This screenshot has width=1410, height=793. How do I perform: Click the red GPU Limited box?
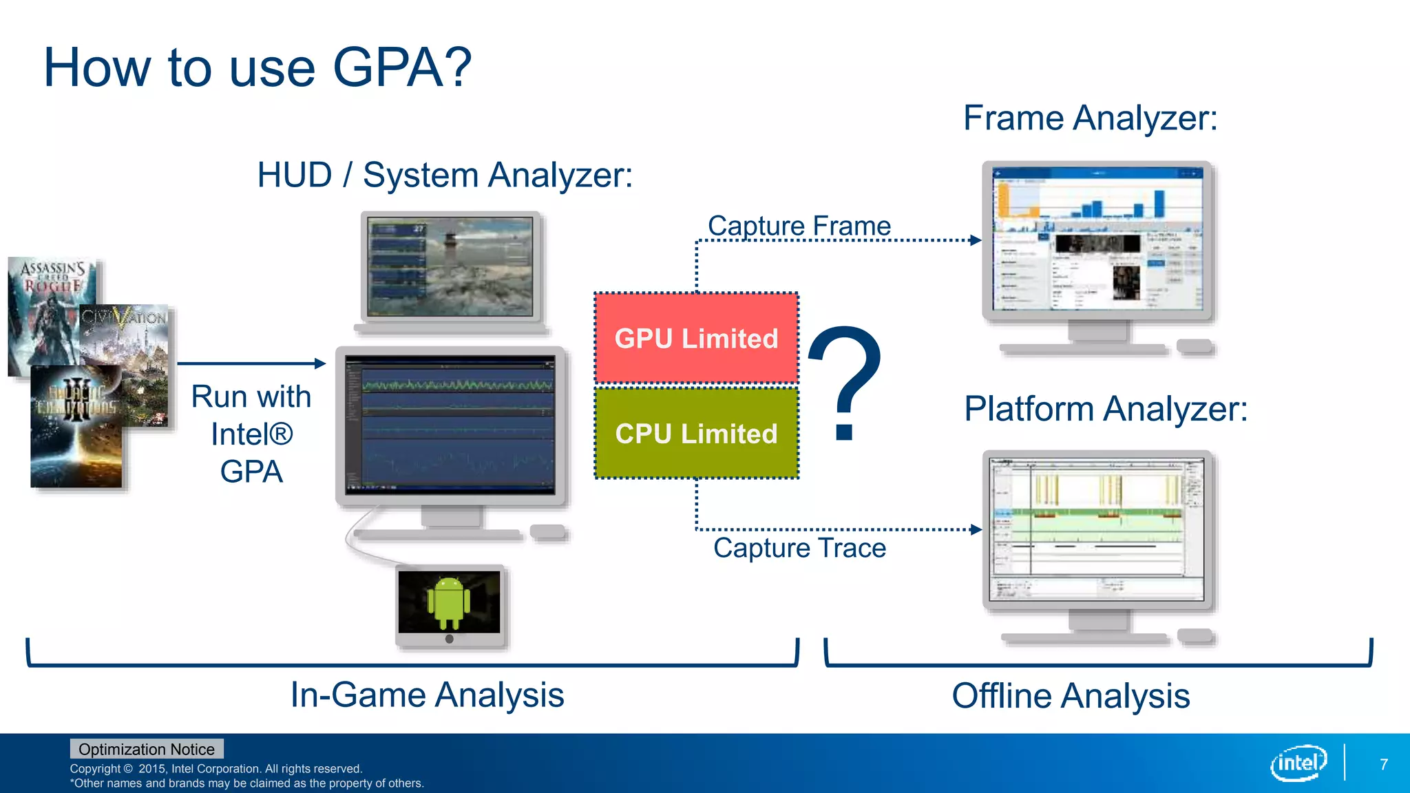coord(696,338)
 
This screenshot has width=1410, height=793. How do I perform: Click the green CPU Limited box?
coord(696,433)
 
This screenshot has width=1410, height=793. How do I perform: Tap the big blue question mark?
coord(845,382)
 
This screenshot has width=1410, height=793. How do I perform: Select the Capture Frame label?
coord(799,226)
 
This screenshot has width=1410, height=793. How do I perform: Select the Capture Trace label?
coord(799,548)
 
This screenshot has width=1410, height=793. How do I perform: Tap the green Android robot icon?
coord(449,602)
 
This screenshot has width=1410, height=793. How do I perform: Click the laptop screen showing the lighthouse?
coord(450,267)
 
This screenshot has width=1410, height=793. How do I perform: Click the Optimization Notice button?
coord(146,749)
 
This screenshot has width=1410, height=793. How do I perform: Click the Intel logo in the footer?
coord(1298,763)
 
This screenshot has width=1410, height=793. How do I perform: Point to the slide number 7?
coord(1384,764)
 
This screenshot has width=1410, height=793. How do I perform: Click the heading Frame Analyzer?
coord(1090,118)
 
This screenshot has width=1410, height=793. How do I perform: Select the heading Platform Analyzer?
coord(1105,409)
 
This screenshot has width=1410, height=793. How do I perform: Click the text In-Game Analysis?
coord(427,695)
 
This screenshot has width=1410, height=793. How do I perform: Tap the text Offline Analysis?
coord(1071,696)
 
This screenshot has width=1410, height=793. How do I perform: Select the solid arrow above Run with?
coord(251,363)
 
